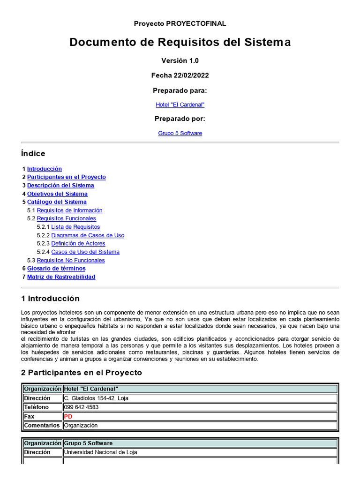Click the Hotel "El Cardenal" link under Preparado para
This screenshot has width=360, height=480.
[180, 105]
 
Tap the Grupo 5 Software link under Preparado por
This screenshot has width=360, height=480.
[180, 133]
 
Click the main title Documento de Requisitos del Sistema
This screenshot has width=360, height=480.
[180, 42]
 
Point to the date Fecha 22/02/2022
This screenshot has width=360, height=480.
[180, 75]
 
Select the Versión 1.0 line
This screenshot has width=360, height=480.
[180, 60]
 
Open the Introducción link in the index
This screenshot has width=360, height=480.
[45, 169]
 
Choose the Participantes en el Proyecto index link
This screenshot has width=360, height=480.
[67, 177]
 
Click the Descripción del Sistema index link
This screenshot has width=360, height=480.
[60, 186]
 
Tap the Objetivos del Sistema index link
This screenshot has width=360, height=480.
[57, 194]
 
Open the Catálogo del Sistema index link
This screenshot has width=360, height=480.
[57, 202]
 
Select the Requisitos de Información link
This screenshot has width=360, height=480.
[69, 210]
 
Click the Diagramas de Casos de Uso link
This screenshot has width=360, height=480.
[88, 235]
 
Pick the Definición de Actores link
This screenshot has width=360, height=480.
[78, 243]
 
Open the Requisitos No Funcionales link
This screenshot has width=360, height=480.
[71, 260]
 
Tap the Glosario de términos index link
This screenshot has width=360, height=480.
[56, 269]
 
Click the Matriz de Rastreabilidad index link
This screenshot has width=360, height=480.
[61, 277]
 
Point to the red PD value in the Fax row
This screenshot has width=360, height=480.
[68, 416]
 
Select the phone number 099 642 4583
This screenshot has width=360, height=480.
[81, 407]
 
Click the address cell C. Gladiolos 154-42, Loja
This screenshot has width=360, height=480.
[96, 398]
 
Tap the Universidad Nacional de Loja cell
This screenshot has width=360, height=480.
[101, 452]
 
